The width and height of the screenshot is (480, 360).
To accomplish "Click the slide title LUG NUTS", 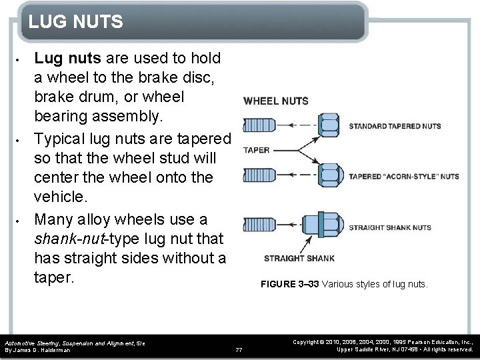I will click(x=75, y=22).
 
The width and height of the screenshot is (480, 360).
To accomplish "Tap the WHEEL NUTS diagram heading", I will click(x=275, y=101).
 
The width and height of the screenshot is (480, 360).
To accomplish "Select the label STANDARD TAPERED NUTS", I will click(x=395, y=125).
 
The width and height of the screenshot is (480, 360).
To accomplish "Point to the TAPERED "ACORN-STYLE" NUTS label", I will click(x=403, y=177).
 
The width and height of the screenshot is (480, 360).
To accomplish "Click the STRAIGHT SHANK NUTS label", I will click(x=390, y=227).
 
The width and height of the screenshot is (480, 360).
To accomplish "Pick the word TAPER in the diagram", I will click(x=257, y=150).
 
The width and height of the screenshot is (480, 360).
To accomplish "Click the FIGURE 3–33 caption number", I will click(x=290, y=285).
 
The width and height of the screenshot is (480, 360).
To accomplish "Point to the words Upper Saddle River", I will click(x=364, y=349).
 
